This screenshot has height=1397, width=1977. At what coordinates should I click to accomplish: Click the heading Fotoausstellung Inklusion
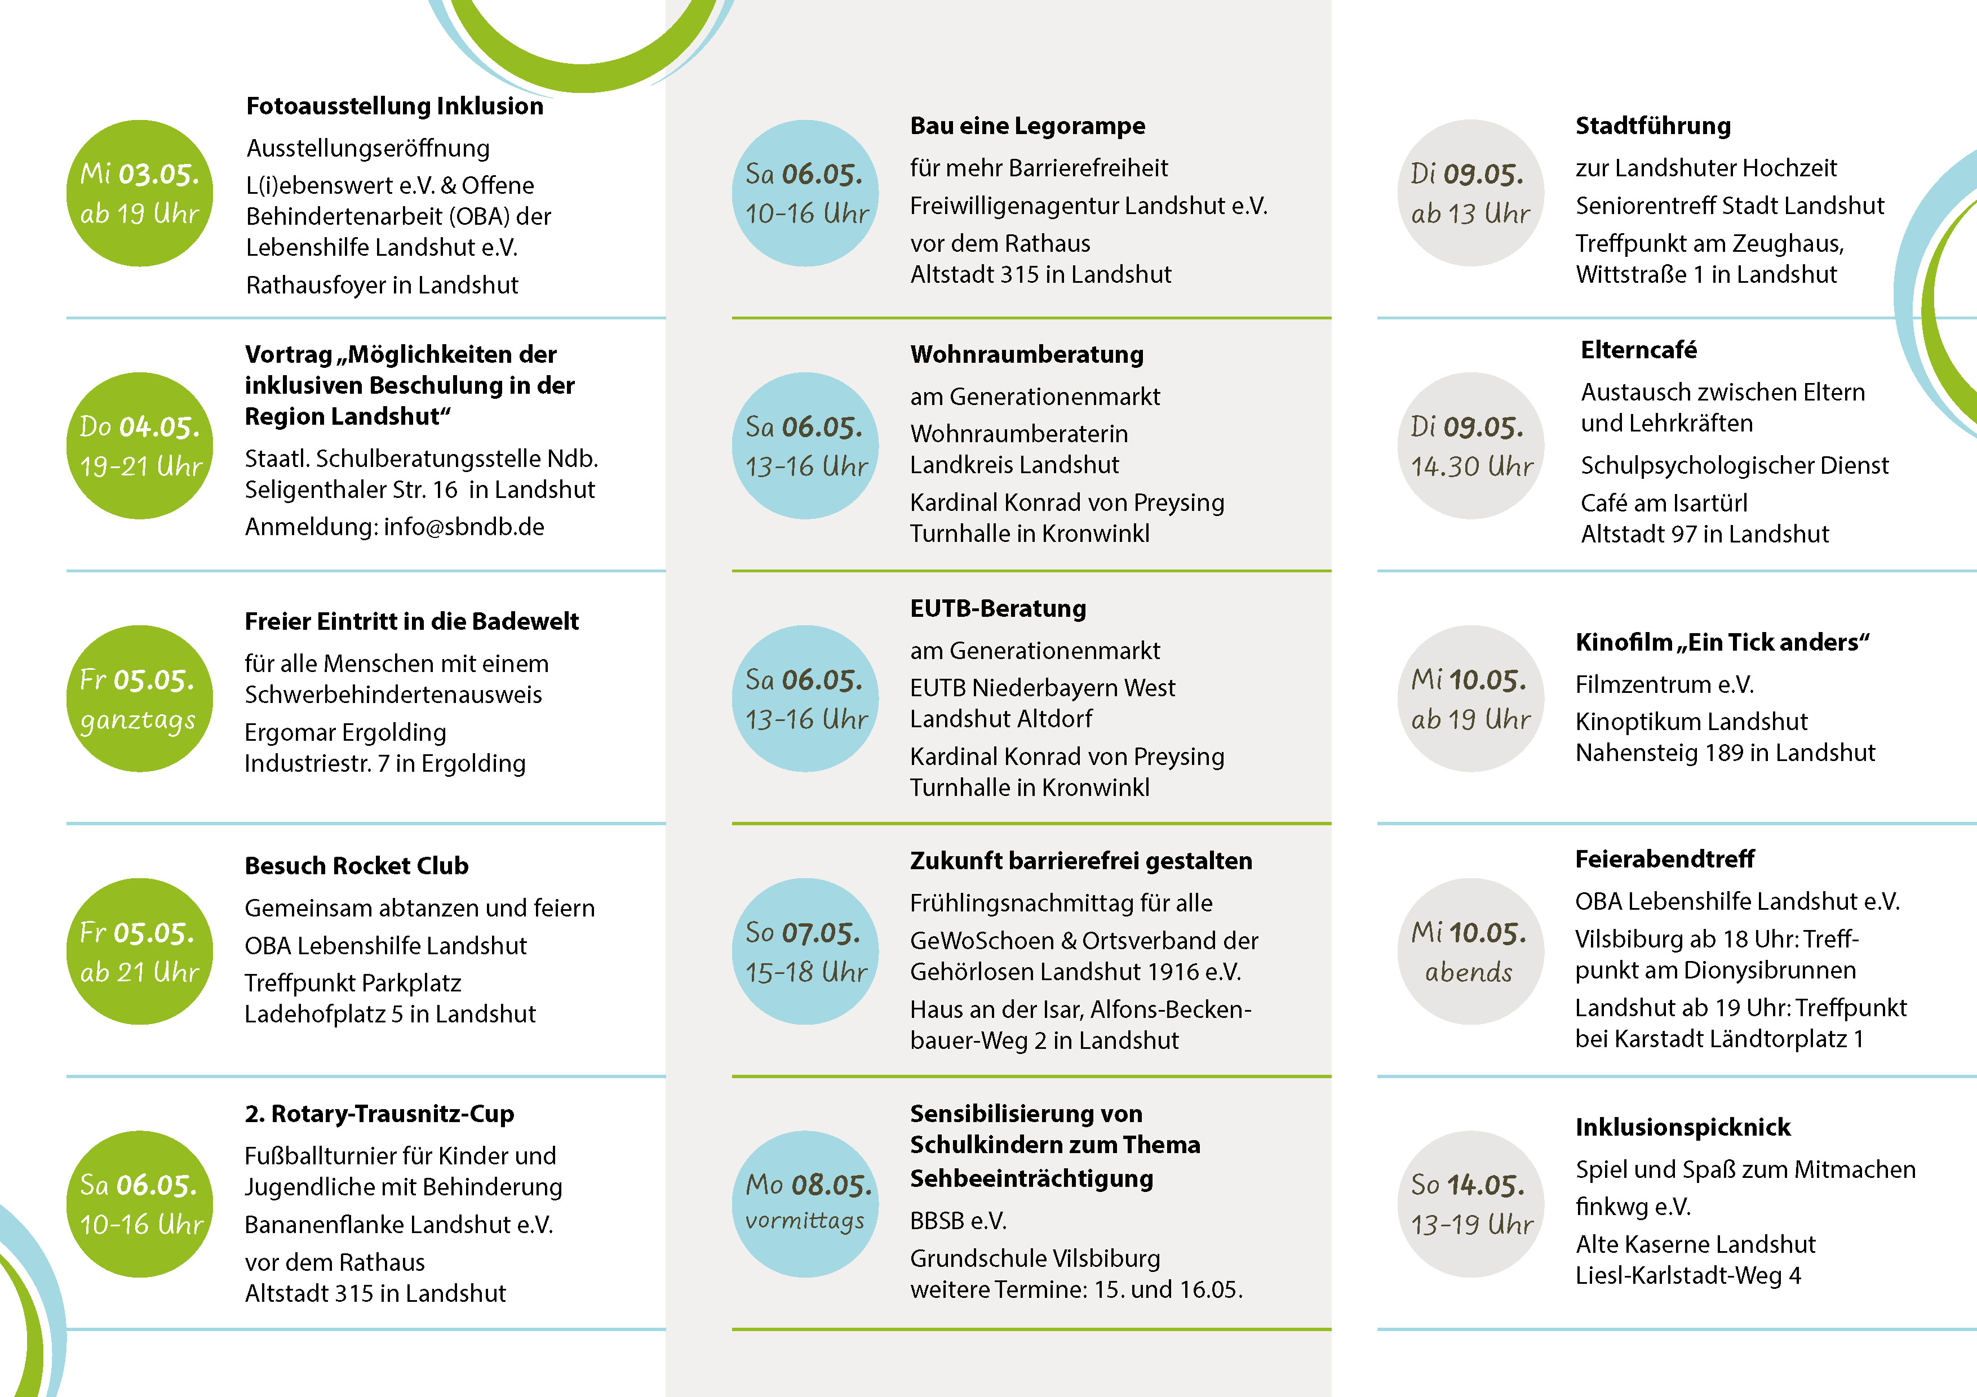394,106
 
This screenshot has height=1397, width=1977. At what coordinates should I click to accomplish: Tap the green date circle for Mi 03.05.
140,193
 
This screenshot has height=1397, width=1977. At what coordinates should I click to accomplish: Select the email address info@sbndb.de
464,527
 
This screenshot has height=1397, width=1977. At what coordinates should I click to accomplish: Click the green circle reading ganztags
140,698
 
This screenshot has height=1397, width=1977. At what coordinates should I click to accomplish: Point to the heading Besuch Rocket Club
357,866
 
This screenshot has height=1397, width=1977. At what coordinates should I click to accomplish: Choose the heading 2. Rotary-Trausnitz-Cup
379,1114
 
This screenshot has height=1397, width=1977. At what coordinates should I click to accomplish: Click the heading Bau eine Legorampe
1027,126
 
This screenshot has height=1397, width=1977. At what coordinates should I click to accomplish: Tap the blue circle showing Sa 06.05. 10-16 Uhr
805,193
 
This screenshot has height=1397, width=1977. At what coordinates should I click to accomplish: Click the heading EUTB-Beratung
998,608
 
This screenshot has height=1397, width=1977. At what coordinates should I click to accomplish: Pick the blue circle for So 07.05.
805,951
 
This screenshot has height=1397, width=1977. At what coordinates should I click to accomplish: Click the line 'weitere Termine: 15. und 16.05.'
1076,1289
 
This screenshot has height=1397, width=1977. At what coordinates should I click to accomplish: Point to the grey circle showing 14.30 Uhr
1471,446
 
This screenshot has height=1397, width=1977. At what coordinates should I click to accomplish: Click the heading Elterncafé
1639,350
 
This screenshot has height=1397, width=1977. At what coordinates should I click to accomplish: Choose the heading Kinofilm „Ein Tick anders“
1722,642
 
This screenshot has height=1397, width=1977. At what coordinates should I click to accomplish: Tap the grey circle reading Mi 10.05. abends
1471,951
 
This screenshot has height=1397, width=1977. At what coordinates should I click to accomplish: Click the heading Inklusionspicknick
1682,1128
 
